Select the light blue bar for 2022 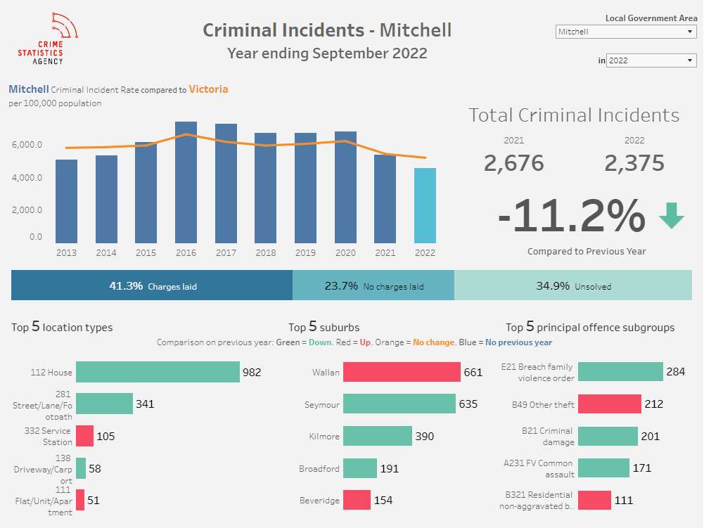[x=425, y=205]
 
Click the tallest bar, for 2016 [x=186, y=183]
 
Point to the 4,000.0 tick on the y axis [x=27, y=177]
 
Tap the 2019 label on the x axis [x=305, y=253]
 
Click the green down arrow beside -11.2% [x=671, y=216]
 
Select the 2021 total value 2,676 [x=513, y=163]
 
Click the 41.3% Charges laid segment [x=152, y=286]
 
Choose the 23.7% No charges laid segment [x=373, y=286]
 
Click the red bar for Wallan [x=402, y=372]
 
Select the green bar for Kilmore [x=378, y=436]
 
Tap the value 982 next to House [x=252, y=372]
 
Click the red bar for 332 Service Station [x=84, y=436]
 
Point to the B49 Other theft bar [x=609, y=404]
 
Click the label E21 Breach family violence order [x=537, y=372]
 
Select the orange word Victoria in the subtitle [x=208, y=89]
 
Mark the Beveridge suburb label [x=319, y=501]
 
